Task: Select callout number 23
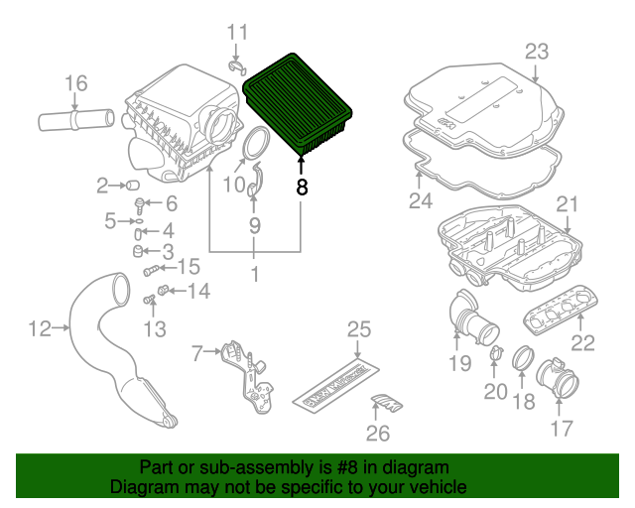click(536, 51)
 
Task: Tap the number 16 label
click(76, 82)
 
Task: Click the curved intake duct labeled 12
click(109, 347)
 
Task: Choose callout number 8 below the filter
click(302, 186)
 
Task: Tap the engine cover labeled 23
click(486, 109)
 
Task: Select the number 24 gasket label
click(420, 202)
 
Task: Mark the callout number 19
click(458, 363)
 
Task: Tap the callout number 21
click(567, 205)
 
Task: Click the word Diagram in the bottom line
click(143, 488)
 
